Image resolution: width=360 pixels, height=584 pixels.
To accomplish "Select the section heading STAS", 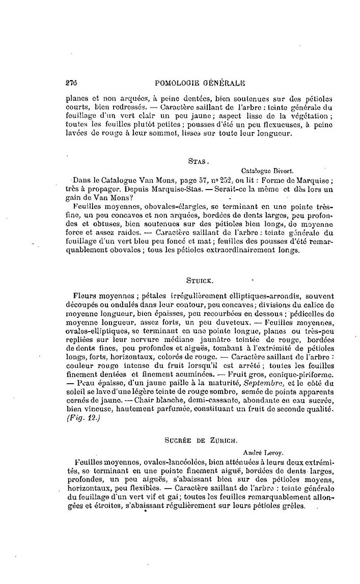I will click(197, 161).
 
